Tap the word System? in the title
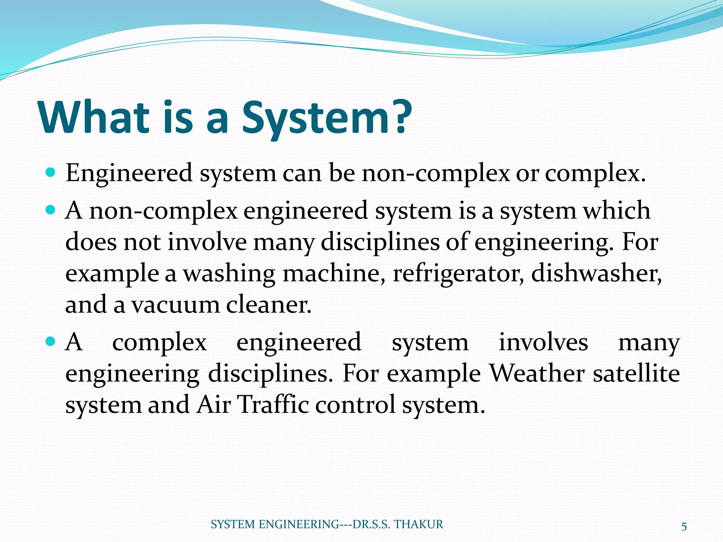click(326, 118)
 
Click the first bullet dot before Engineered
click(51, 173)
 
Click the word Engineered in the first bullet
click(129, 174)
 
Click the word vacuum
click(175, 305)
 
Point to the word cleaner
click(269, 305)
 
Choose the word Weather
click(537, 373)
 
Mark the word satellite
click(636, 373)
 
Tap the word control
click(355, 404)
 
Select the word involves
click(543, 342)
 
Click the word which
click(616, 211)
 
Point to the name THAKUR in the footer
click(418, 524)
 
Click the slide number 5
click(684, 527)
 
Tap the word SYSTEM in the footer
click(233, 524)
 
